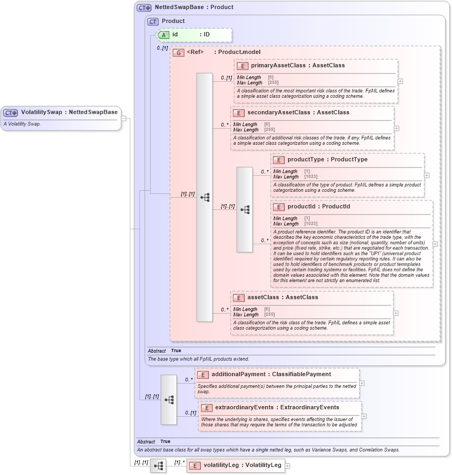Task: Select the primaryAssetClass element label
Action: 275,65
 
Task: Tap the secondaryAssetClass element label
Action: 271,112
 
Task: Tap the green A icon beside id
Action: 163,35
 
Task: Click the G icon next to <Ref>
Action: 178,52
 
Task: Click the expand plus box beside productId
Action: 435,244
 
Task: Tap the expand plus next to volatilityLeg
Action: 287,466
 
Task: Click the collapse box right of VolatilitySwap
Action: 124,118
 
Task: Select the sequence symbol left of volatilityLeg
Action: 158,466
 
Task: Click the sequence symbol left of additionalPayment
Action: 169,399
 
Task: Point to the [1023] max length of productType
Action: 310,177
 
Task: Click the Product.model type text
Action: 239,52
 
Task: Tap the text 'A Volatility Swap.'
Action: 22,124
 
